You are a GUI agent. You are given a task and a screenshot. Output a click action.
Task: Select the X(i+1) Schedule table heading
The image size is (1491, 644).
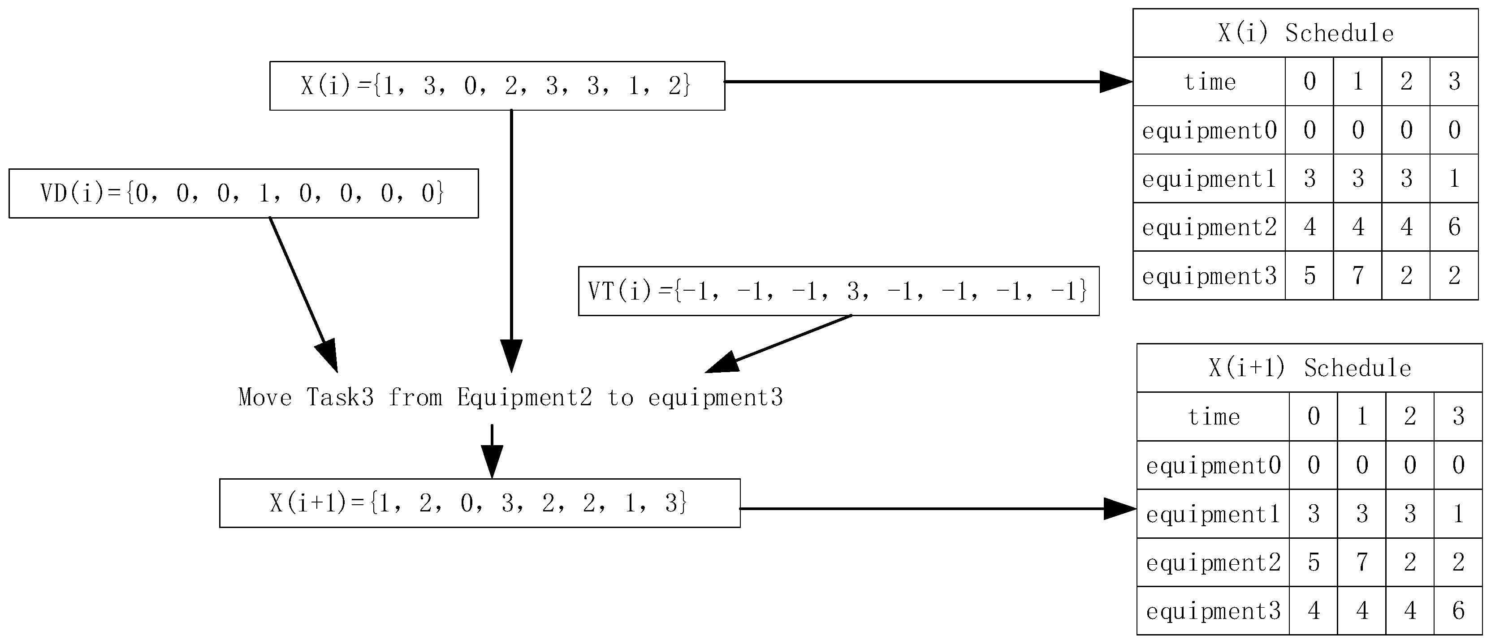tap(1309, 369)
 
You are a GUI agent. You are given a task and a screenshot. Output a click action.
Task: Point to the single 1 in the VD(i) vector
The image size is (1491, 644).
tap(264, 194)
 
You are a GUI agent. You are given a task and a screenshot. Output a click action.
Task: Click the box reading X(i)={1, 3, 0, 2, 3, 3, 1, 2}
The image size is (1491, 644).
tap(497, 86)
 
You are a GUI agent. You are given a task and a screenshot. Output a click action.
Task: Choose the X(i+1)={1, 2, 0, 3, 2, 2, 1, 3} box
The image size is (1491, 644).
tap(479, 503)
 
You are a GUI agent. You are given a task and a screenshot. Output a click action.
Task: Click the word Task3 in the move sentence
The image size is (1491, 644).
tap(340, 398)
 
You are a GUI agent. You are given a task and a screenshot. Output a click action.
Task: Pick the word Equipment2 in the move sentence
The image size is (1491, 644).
tap(524, 398)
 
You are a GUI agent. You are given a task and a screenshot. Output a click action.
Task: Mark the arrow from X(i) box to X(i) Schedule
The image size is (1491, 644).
tap(926, 82)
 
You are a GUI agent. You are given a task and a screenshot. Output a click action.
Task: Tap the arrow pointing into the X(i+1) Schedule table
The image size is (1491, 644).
tap(938, 509)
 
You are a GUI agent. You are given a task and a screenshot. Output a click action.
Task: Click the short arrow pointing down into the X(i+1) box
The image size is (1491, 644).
tap(492, 451)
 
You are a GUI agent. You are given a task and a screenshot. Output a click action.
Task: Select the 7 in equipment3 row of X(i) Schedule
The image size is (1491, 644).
tap(1358, 275)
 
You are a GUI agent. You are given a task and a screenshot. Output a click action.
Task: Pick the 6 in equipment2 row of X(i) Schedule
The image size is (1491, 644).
tap(1454, 227)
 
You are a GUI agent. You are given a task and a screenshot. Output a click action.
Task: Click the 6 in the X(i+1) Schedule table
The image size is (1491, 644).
tap(1458, 611)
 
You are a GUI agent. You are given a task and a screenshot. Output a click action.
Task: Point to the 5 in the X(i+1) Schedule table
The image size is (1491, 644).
tap(1313, 562)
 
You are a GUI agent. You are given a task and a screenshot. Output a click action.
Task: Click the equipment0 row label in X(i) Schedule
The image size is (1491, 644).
tap(1209, 130)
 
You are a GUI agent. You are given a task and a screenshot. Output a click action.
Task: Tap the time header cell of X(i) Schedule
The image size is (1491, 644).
tap(1209, 82)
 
